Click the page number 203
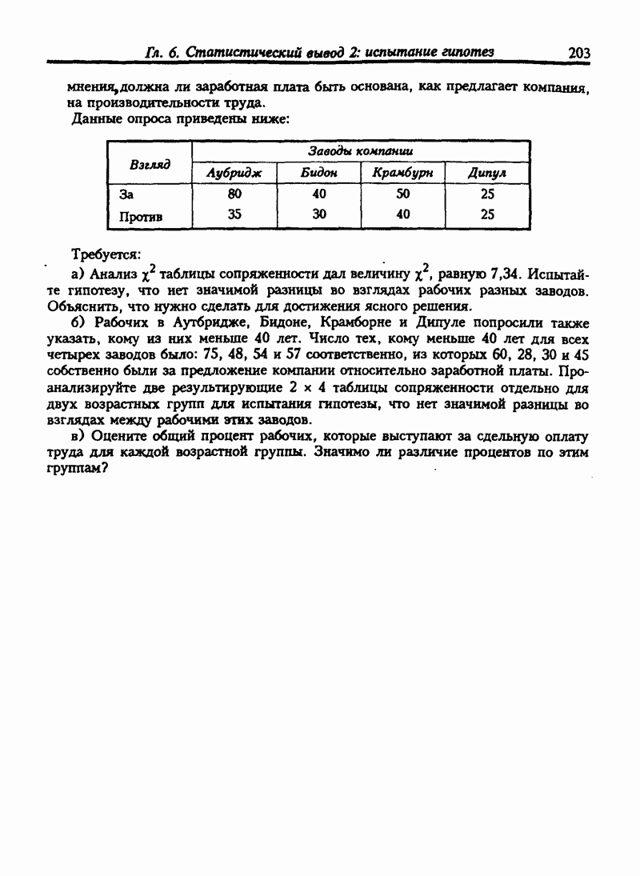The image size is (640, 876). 578,53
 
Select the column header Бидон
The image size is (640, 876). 318,174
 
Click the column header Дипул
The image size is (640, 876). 487,174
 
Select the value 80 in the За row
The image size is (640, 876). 234,194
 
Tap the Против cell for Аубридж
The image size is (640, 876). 234,214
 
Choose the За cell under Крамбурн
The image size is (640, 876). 403,194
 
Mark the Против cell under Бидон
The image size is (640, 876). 319,214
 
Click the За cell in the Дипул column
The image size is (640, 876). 487,194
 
